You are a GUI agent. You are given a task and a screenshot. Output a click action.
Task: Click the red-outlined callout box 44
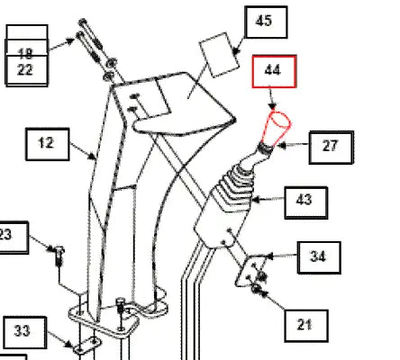(274, 71)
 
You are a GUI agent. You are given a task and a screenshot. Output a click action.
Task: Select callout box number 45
(266, 22)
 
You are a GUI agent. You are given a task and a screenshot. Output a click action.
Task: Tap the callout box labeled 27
(331, 148)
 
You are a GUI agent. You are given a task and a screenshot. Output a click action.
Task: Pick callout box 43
(305, 202)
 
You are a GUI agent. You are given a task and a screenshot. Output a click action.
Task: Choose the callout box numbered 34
(319, 257)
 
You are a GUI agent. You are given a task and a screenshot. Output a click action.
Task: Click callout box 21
(306, 326)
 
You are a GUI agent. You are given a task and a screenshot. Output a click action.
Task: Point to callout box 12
(48, 144)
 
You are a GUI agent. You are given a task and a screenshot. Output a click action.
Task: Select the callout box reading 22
(26, 70)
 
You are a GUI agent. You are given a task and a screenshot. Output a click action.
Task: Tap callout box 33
(25, 332)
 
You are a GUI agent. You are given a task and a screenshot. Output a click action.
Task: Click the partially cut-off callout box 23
(14, 238)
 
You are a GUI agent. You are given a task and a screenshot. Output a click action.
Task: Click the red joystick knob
(277, 128)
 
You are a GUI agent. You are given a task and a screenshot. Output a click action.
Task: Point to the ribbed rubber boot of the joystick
(235, 188)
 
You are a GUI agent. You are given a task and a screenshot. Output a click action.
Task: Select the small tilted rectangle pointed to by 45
(219, 55)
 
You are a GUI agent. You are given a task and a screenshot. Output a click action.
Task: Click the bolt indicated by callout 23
(59, 256)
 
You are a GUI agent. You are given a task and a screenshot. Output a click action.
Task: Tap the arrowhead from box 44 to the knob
(272, 106)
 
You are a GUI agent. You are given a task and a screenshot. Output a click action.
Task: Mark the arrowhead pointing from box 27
(281, 146)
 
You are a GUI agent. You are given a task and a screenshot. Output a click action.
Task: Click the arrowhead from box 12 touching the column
(92, 157)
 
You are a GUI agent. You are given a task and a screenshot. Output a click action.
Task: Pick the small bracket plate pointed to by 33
(87, 346)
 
